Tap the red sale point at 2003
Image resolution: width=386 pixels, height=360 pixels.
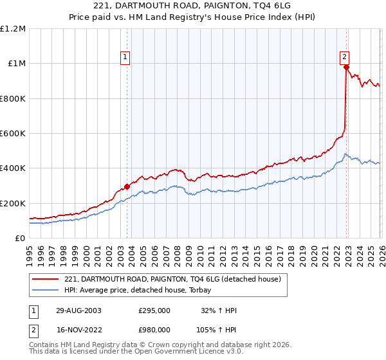pos(127,186)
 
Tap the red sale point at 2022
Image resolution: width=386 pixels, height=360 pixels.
pos(346,67)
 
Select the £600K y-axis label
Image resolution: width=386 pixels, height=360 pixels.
pos(13,133)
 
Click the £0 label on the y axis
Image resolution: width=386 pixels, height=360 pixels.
pos(19,238)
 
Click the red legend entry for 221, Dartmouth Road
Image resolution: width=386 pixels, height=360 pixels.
pos(172,280)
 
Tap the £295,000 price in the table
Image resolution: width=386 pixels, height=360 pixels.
pos(154,310)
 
